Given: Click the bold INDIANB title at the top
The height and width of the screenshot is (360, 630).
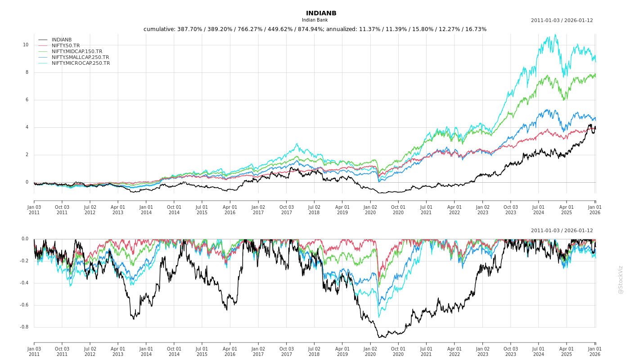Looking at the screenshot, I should (321, 13).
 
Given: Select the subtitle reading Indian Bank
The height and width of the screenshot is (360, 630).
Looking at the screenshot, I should (315, 20).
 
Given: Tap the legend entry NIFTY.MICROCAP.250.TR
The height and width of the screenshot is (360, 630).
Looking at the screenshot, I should (81, 63).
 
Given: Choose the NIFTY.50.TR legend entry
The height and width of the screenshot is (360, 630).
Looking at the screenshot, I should (66, 46).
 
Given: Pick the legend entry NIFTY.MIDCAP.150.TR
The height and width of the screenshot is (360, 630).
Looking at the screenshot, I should (77, 52).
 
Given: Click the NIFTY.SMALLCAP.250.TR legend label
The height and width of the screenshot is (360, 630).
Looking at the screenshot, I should (80, 58).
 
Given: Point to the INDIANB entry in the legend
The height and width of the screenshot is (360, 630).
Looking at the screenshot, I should (62, 40).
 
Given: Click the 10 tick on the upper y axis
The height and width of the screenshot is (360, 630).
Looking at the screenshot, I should (26, 45).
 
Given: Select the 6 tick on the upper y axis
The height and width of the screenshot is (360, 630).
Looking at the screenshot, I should (27, 100).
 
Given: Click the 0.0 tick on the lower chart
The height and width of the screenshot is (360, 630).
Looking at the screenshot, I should (25, 239).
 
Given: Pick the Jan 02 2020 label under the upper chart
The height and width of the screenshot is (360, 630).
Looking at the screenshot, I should (370, 210).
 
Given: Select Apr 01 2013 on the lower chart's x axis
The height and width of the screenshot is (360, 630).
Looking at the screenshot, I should (118, 351).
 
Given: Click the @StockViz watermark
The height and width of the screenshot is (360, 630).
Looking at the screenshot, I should (621, 279).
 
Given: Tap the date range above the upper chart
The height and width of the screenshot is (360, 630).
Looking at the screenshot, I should (562, 20).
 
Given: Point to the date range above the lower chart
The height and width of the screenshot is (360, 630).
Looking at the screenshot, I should (562, 230).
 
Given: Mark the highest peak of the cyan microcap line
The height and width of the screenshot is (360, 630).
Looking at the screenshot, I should (555, 35).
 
